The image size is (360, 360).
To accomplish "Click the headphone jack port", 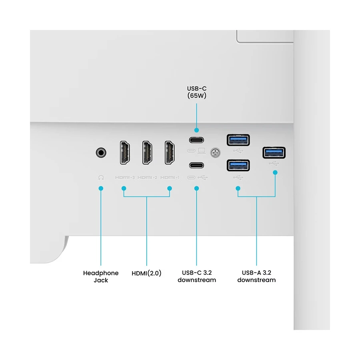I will pyautogui.click(x=102, y=152).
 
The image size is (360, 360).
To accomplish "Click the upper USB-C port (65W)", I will pyautogui.click(x=196, y=140).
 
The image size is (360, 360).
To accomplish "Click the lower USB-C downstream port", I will pyautogui.click(x=196, y=165).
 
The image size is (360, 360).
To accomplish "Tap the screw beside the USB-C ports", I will pyautogui.click(x=216, y=152).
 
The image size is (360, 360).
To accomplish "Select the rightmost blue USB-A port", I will pyautogui.click(x=274, y=152).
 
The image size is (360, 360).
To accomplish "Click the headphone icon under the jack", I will pyautogui.click(x=101, y=177).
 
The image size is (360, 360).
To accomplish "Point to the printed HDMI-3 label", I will pyautogui.click(x=125, y=177).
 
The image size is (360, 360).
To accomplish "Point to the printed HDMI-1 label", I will pyautogui.click(x=170, y=177).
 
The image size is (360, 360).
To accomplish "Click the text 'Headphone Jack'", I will pyautogui.click(x=101, y=276).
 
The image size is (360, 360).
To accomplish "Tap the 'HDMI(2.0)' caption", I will pyautogui.click(x=146, y=274).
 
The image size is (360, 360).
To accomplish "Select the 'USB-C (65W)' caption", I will pyautogui.click(x=196, y=92).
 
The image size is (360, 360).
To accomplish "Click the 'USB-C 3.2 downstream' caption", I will pyautogui.click(x=196, y=276).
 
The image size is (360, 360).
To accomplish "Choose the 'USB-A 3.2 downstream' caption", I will pyautogui.click(x=256, y=276).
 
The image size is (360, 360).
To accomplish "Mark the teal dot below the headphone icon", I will pyautogui.click(x=101, y=188).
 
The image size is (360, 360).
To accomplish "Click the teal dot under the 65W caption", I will pyautogui.click(x=196, y=130).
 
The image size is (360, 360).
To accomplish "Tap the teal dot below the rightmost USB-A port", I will pyautogui.click(x=275, y=172).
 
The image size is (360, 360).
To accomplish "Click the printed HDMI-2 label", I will pyautogui.click(x=147, y=177).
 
